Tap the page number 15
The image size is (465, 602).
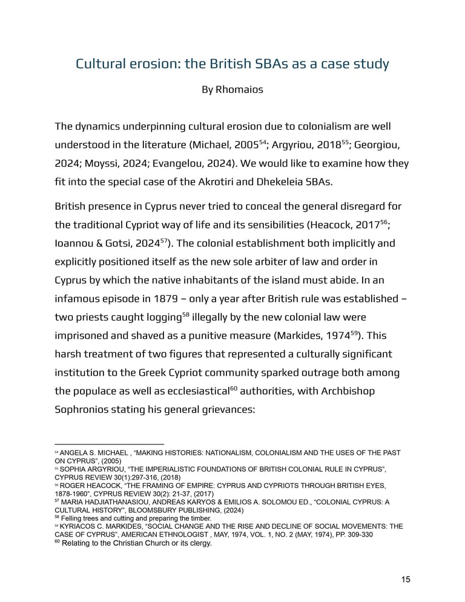(x=406, y=579)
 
